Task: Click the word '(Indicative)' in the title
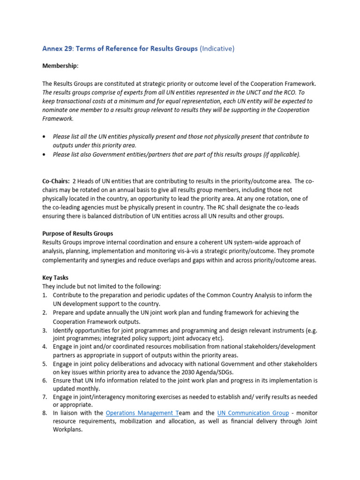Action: (217, 49)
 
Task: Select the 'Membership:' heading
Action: (60, 66)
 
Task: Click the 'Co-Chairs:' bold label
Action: (56, 181)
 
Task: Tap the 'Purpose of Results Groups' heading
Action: (77, 233)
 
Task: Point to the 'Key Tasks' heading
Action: (55, 277)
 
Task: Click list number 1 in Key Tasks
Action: (45, 295)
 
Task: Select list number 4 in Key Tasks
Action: (45, 346)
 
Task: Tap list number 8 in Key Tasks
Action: (45, 412)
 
